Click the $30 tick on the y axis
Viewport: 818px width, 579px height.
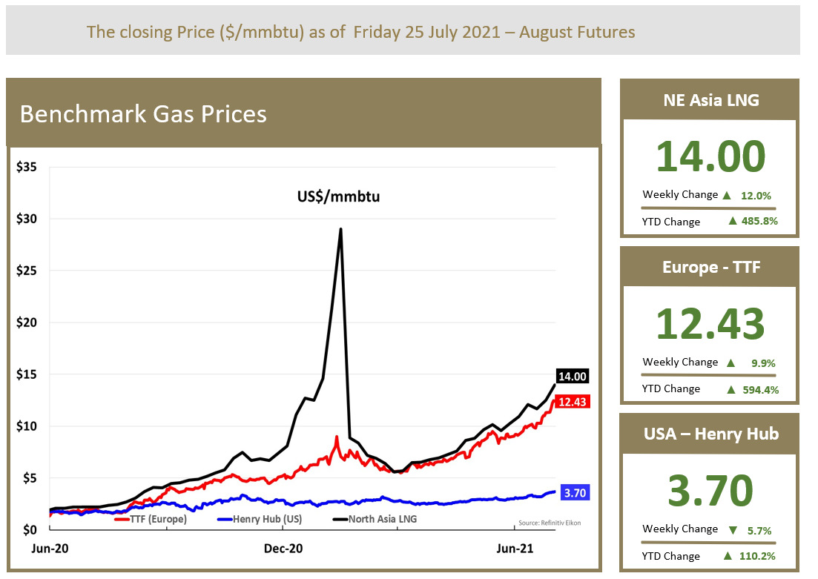click(27, 219)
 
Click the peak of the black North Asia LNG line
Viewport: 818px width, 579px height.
click(340, 229)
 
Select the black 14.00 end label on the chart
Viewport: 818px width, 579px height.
click(572, 377)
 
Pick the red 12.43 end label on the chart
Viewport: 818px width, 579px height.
click(573, 401)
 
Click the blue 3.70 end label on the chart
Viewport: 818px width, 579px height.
click(575, 492)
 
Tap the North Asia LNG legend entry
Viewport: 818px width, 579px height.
click(379, 519)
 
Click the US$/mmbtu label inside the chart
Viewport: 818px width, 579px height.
click(327, 197)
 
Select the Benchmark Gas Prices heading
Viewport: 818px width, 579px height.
click(143, 114)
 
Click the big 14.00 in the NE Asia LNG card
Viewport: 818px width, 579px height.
click(710, 157)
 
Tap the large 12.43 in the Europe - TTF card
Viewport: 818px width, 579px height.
click(710, 325)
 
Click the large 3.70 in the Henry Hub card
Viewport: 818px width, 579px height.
click(710, 491)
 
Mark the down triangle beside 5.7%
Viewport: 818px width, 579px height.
click(733, 530)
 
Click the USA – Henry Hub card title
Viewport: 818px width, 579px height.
click(710, 433)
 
